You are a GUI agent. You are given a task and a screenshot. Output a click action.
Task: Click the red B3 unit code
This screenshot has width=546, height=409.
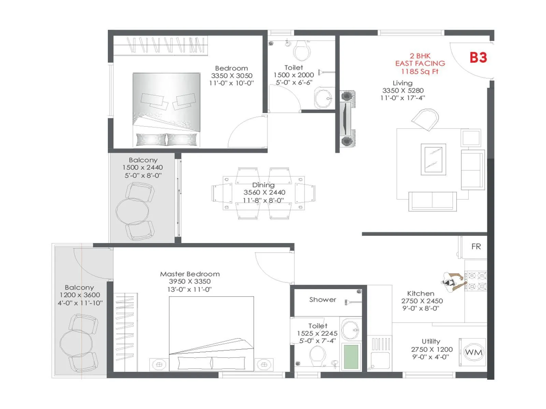coord(478,58)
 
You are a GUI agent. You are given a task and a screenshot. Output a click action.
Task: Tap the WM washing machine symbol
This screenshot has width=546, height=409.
coord(474,352)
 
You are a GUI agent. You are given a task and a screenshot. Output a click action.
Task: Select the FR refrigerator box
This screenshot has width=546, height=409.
coord(476,246)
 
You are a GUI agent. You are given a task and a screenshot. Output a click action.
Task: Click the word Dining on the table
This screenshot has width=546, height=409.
coord(263,185)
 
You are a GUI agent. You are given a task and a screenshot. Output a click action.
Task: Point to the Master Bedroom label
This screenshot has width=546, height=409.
coord(190,274)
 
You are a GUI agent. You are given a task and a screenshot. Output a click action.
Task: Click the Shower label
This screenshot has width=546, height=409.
coord(322,300)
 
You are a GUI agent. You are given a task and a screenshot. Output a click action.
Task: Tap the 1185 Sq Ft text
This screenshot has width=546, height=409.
coord(419,72)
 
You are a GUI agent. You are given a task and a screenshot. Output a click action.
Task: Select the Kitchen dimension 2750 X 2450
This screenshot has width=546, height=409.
coord(422,301)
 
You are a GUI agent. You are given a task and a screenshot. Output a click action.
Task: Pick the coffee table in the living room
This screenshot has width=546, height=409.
coord(433,160)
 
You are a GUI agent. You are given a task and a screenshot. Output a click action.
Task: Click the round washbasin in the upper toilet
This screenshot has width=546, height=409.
coord(323,98)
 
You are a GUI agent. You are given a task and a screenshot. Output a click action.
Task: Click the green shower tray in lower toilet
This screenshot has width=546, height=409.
coord(351,357)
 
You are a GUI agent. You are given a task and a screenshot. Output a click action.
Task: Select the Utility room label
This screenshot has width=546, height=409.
coord(431,342)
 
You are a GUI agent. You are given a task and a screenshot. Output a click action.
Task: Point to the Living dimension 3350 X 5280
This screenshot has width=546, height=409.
coord(403,91)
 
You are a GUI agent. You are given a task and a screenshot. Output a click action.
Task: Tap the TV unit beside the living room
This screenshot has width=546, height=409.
coord(346,119)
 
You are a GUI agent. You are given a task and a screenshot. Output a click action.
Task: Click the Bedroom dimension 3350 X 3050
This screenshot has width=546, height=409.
coord(231,76)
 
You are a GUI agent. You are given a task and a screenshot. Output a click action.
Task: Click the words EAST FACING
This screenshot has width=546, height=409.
coord(420,63)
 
